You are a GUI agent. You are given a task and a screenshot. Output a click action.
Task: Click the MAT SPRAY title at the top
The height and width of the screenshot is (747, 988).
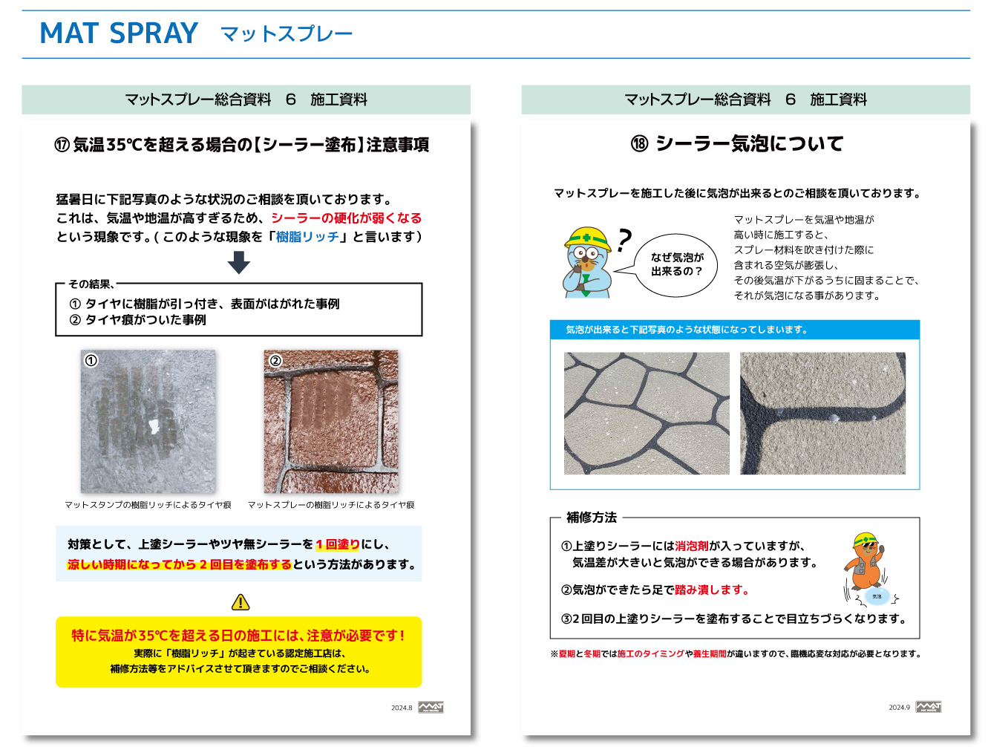119,33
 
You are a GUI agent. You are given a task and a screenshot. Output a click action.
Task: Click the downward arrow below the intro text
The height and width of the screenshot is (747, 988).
238,262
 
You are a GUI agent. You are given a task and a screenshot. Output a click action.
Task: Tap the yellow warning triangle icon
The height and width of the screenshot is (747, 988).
241,602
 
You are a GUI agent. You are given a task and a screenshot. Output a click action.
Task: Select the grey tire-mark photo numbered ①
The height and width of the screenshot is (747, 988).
148,421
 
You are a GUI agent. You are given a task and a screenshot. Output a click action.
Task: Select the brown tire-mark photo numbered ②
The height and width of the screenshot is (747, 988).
331,421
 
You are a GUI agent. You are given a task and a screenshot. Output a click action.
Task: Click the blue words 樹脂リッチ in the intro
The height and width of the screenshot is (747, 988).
307,237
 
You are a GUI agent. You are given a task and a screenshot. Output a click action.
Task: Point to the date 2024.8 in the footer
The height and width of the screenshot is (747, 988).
402,708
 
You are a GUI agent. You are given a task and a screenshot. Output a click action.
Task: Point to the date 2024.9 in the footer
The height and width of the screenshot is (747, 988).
899,708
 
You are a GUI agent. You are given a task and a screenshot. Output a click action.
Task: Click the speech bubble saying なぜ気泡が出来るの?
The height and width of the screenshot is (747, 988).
676,265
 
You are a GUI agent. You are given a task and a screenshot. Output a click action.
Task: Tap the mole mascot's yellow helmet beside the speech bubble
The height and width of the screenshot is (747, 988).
586,237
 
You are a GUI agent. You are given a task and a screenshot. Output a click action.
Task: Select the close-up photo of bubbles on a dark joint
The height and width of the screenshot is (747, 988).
822,414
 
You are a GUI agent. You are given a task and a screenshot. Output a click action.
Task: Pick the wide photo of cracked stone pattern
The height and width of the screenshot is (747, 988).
647,414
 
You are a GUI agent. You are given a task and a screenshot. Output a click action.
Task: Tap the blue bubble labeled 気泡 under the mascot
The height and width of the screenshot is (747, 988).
877,596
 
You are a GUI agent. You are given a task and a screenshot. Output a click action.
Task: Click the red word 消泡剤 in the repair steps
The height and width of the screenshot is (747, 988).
692,546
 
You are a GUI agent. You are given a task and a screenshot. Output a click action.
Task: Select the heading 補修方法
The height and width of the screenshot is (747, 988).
592,518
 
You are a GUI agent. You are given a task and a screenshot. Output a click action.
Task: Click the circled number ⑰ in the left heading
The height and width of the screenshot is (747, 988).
62,145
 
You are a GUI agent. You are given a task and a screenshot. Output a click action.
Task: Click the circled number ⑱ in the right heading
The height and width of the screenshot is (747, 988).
639,143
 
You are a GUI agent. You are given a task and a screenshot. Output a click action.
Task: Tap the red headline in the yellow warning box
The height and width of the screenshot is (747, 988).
238,636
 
